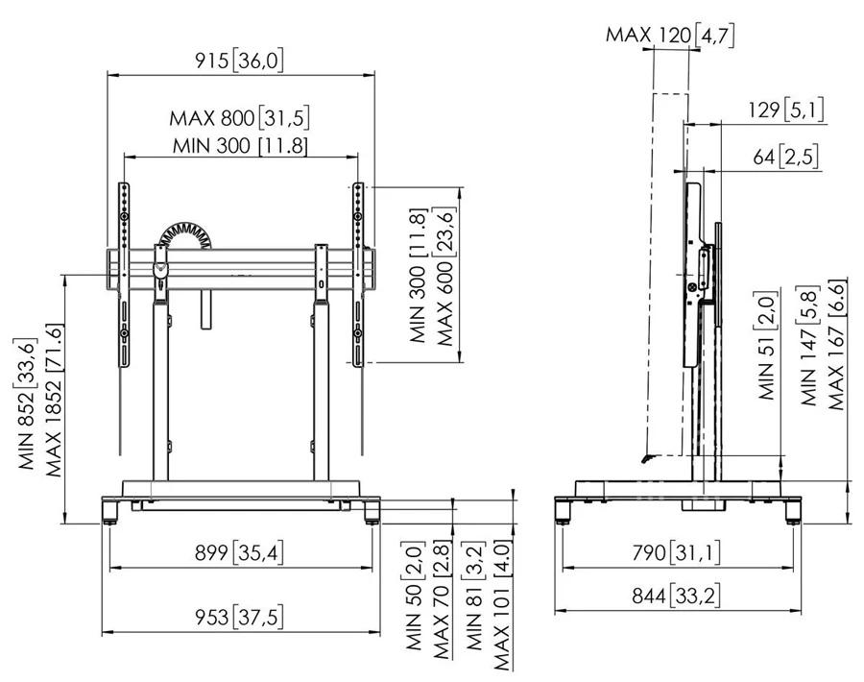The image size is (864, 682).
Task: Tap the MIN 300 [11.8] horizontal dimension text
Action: coord(240,146)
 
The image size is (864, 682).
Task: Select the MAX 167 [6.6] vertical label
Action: coord(835,345)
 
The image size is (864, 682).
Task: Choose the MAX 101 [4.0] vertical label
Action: coord(501,605)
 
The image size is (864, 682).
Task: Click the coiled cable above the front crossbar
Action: coord(184,236)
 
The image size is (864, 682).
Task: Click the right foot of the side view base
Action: coord(794,510)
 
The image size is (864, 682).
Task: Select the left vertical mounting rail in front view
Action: coord(125,275)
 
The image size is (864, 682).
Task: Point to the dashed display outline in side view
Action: coord(667,275)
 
